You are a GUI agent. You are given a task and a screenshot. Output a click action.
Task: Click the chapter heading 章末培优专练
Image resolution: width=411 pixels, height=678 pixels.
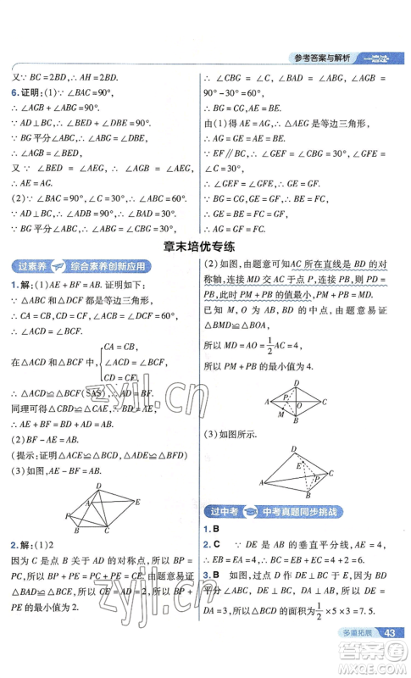205,247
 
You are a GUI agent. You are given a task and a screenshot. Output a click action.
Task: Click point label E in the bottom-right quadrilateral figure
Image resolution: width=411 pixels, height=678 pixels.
297,464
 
